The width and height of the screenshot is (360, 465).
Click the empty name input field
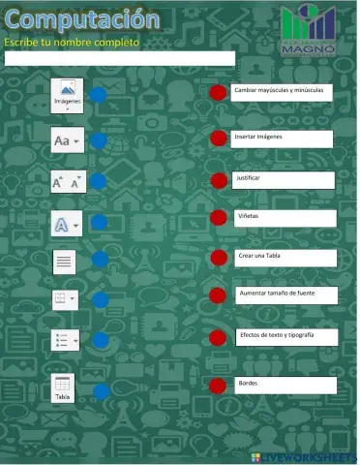click(119, 58)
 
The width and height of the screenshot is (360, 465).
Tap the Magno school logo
click(309, 30)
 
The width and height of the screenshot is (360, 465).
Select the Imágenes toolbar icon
click(68, 95)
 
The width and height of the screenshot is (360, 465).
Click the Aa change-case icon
click(67, 140)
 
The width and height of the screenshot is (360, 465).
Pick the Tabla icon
click(63, 388)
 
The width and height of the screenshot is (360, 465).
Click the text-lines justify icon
click(64, 261)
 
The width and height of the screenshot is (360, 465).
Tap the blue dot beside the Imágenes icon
click(100, 95)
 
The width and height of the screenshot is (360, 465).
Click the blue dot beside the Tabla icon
click(102, 391)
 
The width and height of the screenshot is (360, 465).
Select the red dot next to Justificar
click(218, 180)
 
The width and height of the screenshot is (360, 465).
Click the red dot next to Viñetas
click(218, 217)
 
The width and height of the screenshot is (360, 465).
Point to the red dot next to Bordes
click(218, 386)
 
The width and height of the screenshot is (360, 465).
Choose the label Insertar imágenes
click(282, 139)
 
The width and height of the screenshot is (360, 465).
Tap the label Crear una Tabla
click(285, 257)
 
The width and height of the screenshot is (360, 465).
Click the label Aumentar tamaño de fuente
click(287, 294)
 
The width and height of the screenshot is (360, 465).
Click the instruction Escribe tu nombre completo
click(72, 43)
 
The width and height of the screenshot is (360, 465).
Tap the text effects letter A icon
click(63, 225)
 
